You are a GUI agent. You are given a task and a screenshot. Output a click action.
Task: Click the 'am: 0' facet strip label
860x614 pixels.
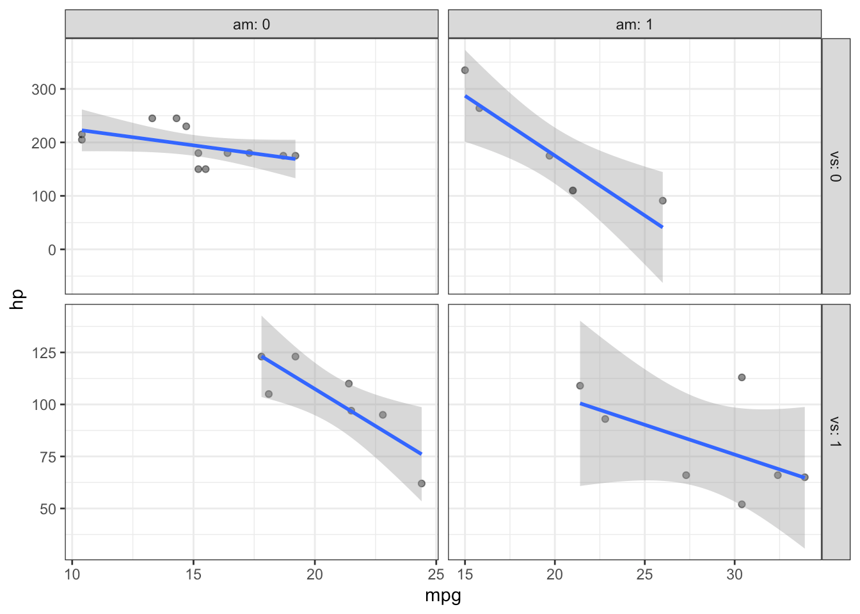pyautogui.click(x=251, y=24)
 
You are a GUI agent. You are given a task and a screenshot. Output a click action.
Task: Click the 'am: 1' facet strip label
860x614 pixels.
pyautogui.click(x=634, y=24)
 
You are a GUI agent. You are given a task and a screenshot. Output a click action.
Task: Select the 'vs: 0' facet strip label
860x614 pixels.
pyautogui.click(x=835, y=166)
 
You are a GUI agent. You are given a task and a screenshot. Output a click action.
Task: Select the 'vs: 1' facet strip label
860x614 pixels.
pyautogui.click(x=835, y=432)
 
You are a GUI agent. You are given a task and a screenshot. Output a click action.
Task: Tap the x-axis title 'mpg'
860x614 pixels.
pyautogui.click(x=443, y=596)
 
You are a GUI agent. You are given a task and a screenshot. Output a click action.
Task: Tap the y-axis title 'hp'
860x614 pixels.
pyautogui.click(x=18, y=299)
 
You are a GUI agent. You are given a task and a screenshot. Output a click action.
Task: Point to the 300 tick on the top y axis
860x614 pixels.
pyautogui.click(x=44, y=89)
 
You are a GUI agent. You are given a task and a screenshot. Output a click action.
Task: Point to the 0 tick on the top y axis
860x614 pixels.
pyautogui.click(x=52, y=249)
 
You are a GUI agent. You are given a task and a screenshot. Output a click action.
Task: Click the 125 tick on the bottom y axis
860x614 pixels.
pyautogui.click(x=44, y=352)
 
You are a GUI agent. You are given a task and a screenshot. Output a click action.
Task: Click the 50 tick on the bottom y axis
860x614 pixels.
pyautogui.click(x=48, y=509)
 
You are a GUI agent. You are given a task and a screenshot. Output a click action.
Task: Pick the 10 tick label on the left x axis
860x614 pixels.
pyautogui.click(x=72, y=574)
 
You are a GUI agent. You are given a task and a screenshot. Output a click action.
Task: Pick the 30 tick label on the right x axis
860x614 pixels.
pyautogui.click(x=735, y=574)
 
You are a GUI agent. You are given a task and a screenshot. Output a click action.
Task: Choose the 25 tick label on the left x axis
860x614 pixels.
pyautogui.click(x=436, y=574)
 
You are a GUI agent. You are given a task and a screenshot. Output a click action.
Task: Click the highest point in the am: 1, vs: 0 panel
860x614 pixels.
pyautogui.click(x=465, y=70)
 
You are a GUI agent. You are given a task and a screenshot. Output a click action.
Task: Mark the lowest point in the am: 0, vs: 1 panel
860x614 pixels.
pyautogui.click(x=421, y=484)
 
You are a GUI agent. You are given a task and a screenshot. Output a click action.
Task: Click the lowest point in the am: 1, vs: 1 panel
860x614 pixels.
pyautogui.click(x=742, y=505)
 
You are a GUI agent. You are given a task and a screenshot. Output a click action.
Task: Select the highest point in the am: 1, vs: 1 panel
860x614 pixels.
pyautogui.click(x=742, y=377)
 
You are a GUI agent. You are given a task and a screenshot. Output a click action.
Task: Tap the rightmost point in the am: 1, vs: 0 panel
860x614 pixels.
pyautogui.click(x=663, y=201)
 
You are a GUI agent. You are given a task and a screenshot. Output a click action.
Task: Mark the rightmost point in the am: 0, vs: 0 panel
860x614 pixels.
pyautogui.click(x=296, y=155)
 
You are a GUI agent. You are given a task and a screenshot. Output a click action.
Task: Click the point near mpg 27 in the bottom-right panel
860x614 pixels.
pyautogui.click(x=686, y=475)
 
